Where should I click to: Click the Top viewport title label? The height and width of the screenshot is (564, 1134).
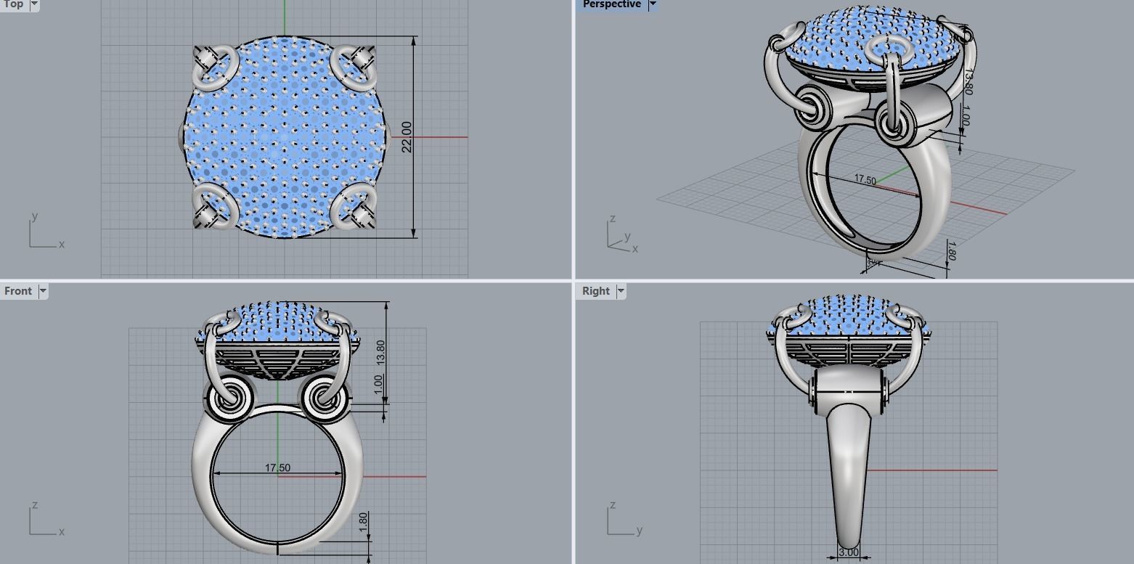coord(12,4)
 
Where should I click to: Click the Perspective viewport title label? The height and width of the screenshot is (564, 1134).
coord(611,4)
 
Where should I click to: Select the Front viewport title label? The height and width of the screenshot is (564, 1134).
coord(17,291)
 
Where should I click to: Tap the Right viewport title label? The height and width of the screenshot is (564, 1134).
coord(595,291)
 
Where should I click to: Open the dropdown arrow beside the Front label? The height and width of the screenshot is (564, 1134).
coord(43,291)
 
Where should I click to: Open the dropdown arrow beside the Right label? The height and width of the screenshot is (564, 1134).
coord(621,291)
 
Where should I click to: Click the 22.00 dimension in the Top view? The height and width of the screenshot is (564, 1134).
coord(407,136)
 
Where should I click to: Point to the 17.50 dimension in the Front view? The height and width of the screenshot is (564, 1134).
coord(277,468)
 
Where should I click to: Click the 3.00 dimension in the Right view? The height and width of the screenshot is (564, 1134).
coord(848,552)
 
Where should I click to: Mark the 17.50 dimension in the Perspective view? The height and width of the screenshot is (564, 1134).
coord(865,179)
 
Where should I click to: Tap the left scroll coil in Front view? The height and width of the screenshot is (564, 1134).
coord(229,398)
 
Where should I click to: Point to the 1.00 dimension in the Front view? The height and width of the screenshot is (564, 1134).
coord(378,385)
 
